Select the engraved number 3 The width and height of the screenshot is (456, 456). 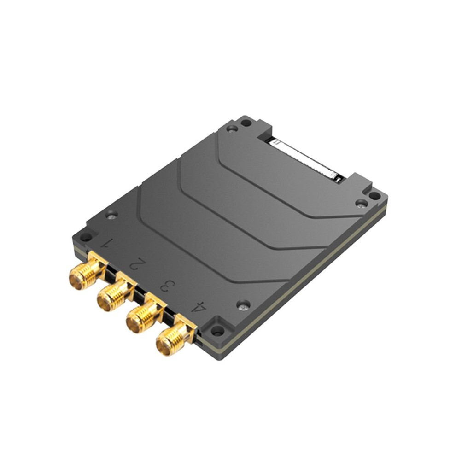[x=168, y=286]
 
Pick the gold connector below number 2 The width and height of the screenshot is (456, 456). [x=115, y=293]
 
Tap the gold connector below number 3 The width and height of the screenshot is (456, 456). [x=145, y=315]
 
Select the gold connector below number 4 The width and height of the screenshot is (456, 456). [x=175, y=337]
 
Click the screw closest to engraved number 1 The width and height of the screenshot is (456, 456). [x=111, y=216]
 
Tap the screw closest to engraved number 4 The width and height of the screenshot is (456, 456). [x=243, y=305]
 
